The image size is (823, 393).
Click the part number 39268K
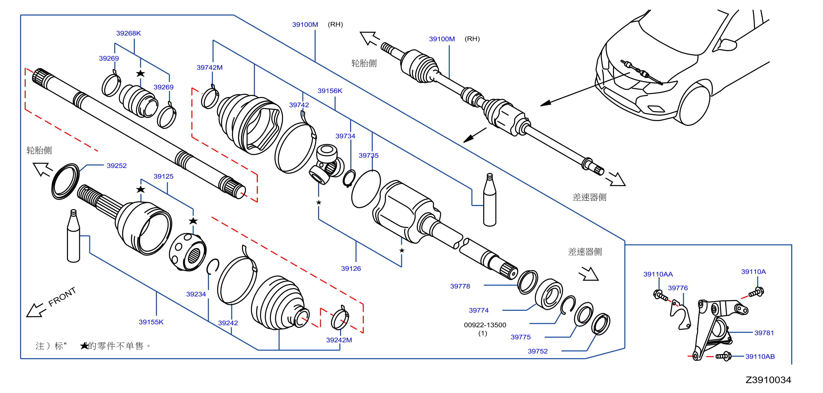(128, 33)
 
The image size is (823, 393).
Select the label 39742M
(209, 68)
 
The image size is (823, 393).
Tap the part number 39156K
(330, 91)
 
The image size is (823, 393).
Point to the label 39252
(117, 166)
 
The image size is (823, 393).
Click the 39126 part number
(351, 268)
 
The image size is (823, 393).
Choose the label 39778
(460, 286)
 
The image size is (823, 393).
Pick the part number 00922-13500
(485, 325)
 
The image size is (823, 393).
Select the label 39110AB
(760, 356)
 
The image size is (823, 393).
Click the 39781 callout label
(764, 333)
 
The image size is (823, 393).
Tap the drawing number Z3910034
(768, 380)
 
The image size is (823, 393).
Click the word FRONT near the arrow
(62, 297)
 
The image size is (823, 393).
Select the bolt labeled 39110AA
(660, 295)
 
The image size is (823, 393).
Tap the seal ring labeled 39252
(65, 181)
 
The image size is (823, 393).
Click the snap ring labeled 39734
(349, 178)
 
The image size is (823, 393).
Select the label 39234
(196, 294)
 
